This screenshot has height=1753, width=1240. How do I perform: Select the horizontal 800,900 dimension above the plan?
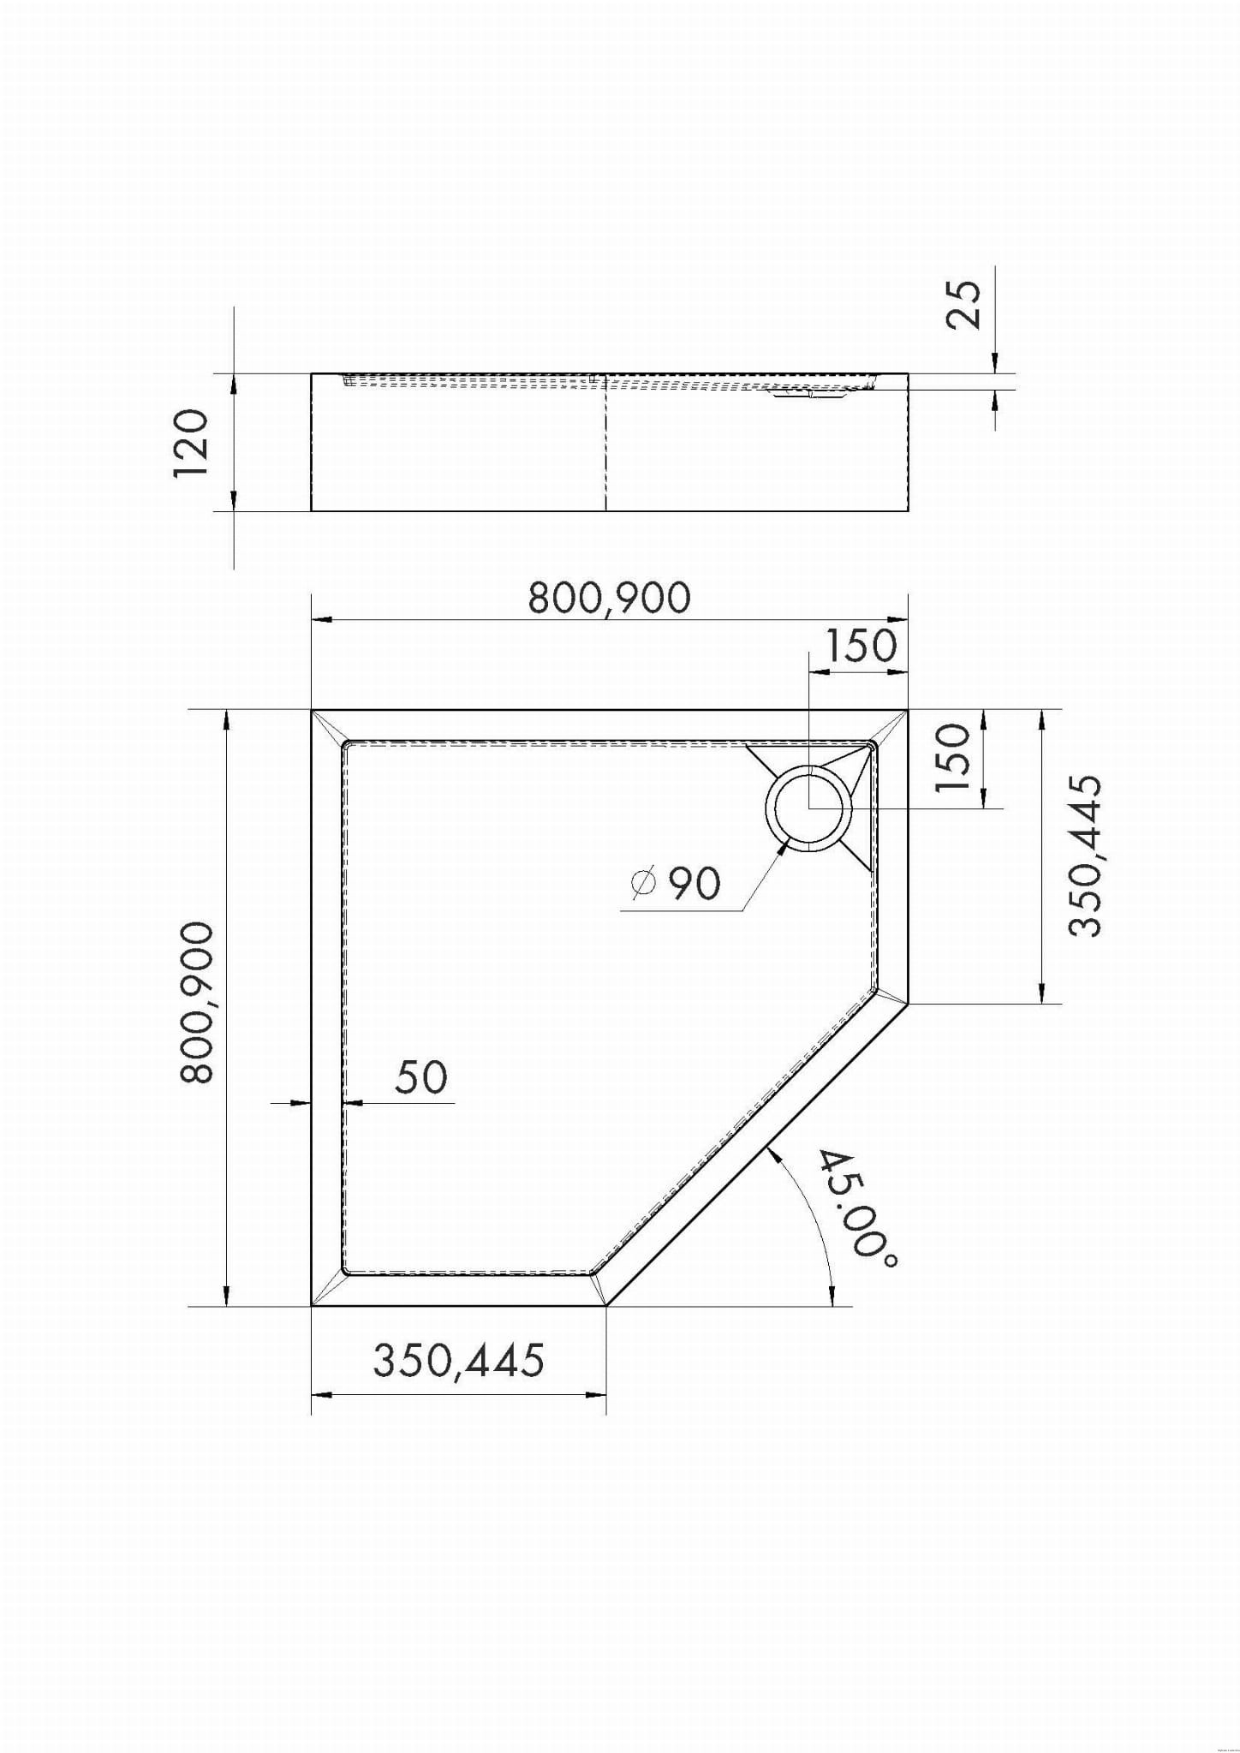click(x=609, y=598)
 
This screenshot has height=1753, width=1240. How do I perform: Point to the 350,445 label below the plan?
click(x=458, y=1359)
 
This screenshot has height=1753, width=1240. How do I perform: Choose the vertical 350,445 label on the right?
click(x=1085, y=856)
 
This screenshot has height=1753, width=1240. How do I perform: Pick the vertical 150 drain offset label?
click(x=954, y=759)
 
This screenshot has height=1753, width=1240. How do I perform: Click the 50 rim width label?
click(x=421, y=1076)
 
